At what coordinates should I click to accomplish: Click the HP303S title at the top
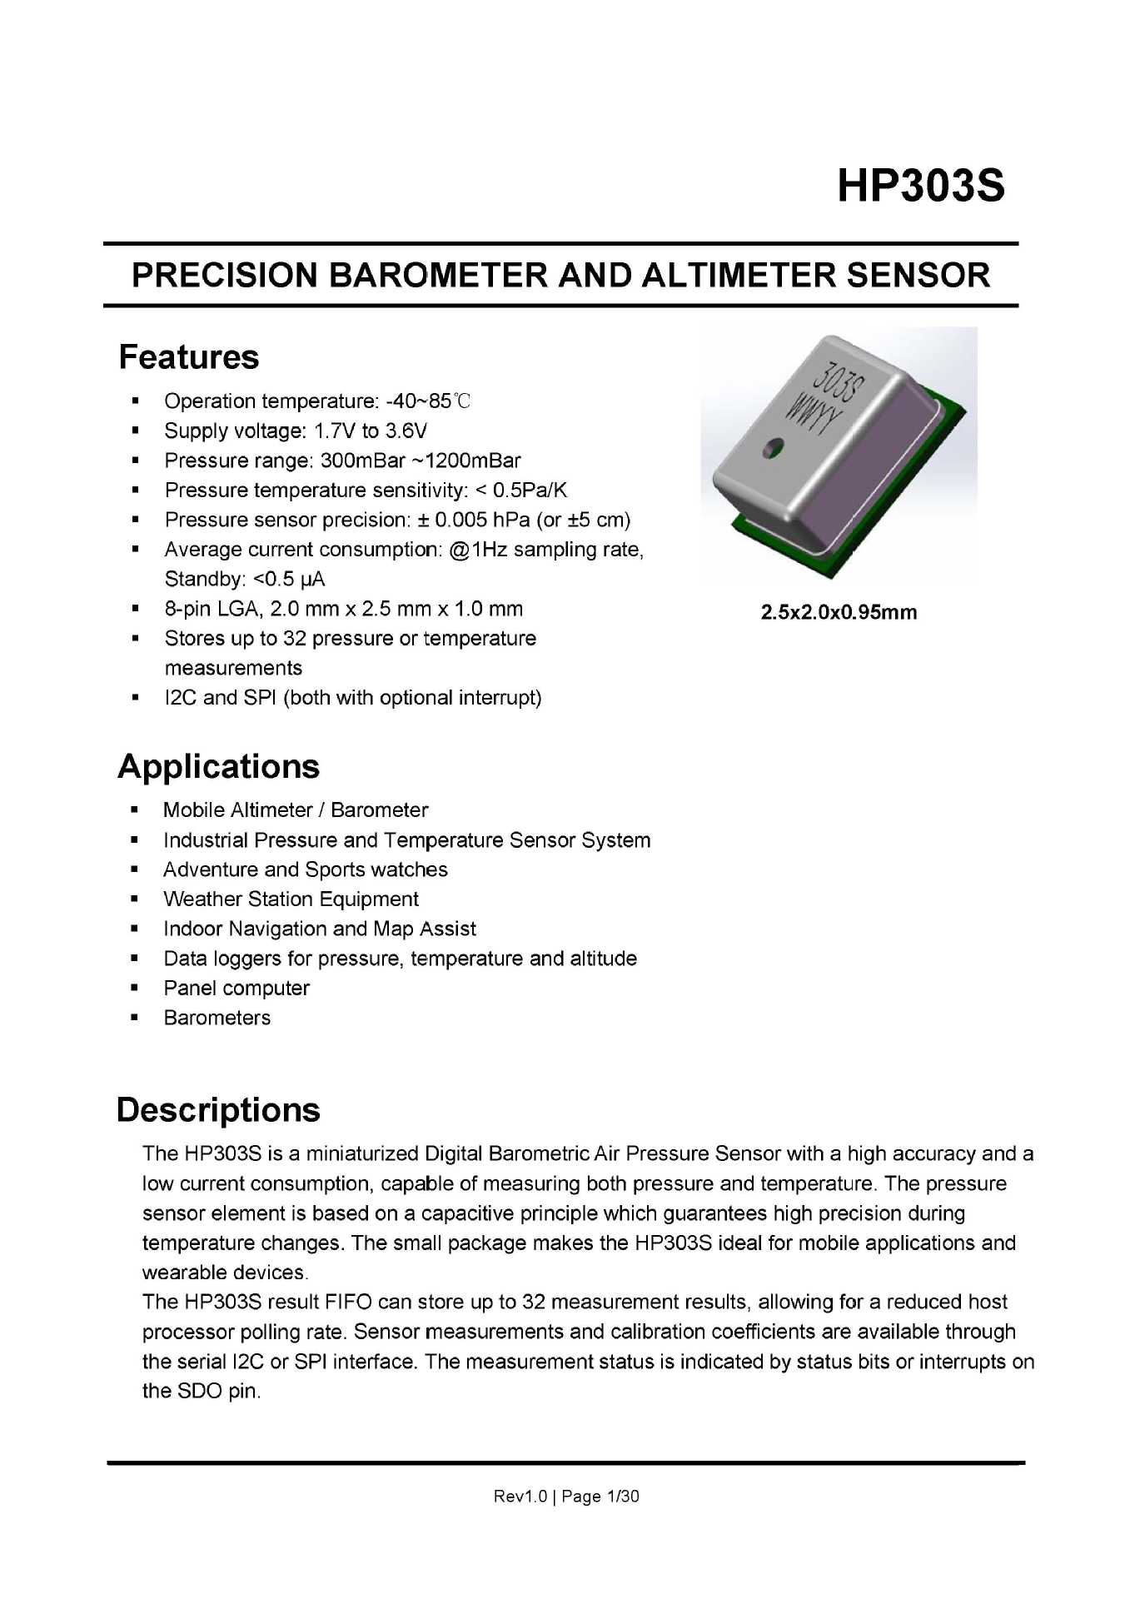920,185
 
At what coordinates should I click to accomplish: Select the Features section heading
189,357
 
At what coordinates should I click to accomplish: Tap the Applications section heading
219,767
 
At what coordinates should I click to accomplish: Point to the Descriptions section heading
218,1110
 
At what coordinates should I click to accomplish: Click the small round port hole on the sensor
774,447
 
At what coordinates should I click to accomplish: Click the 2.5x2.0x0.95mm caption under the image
839,612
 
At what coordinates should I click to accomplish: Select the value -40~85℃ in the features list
429,401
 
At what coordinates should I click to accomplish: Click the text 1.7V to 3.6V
371,431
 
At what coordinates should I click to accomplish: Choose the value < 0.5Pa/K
521,491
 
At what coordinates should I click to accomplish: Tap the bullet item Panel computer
236,989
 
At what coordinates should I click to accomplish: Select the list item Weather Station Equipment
291,899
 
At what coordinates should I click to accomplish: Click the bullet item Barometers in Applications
217,1018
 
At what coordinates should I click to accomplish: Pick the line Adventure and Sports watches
306,869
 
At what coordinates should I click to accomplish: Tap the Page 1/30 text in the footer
600,1497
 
